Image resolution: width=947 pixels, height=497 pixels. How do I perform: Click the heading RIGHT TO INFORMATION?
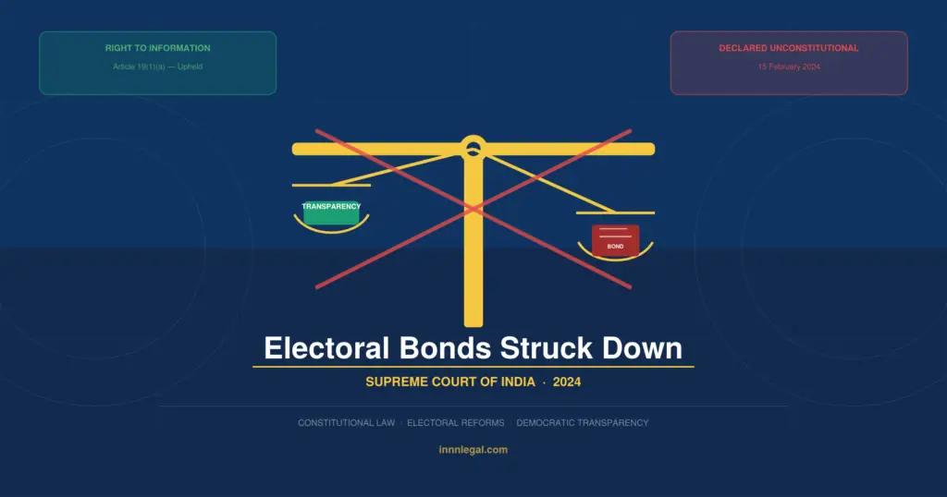coord(157,48)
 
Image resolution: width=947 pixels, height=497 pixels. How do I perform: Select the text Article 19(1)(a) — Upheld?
coord(157,67)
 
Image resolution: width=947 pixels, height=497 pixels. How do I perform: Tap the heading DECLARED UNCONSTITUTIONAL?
coord(789,48)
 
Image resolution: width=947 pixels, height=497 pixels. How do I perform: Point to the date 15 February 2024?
coord(789,67)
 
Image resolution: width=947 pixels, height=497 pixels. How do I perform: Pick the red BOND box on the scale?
coord(615,239)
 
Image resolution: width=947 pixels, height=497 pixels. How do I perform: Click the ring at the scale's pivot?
coord(473,146)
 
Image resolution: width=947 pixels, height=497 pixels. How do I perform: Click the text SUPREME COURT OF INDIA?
coord(450,382)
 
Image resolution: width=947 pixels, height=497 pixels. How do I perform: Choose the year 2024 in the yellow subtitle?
coord(567,382)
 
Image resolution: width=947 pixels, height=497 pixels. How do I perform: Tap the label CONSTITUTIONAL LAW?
coord(346,423)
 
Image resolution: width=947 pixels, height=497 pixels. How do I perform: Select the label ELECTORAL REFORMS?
coord(456,423)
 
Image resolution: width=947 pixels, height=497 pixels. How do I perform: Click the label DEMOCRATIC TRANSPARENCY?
coord(583,423)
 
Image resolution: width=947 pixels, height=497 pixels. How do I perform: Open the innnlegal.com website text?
coord(473,450)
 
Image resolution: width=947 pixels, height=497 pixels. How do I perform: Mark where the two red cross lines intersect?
coord(473,209)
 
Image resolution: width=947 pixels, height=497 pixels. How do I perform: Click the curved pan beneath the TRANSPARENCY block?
coord(331,228)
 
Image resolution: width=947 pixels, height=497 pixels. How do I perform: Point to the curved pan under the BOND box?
coord(615,256)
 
